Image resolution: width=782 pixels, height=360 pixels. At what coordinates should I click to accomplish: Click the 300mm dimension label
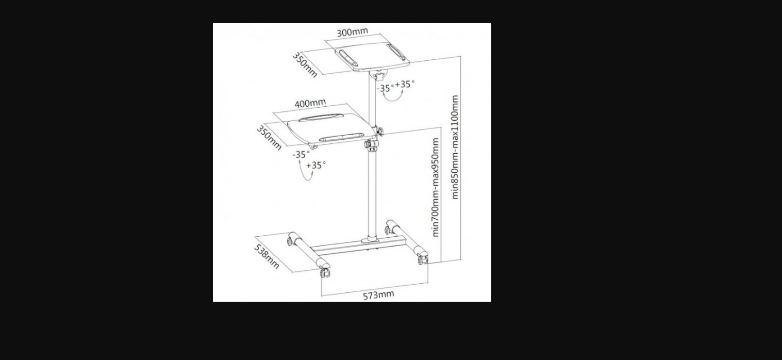click(x=352, y=32)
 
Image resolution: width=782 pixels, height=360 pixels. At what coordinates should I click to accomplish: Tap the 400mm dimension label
click(x=310, y=103)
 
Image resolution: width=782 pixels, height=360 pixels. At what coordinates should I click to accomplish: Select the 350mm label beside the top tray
click(x=305, y=65)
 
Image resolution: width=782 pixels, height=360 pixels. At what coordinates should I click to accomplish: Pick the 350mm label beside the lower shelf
click(x=269, y=138)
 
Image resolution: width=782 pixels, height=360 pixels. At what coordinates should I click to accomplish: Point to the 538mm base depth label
click(x=267, y=257)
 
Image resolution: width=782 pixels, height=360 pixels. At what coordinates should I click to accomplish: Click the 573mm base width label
click(x=378, y=295)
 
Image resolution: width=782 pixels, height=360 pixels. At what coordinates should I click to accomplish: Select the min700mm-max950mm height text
click(x=436, y=187)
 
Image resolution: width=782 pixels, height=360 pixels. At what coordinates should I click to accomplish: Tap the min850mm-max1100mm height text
click(x=455, y=147)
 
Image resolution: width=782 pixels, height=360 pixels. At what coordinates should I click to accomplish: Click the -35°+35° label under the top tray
click(x=395, y=86)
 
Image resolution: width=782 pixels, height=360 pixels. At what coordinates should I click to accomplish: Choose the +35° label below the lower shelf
click(x=316, y=165)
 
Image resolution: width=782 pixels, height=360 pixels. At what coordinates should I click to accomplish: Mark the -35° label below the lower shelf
click(x=301, y=154)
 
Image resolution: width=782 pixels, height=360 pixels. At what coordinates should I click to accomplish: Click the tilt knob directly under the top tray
click(x=378, y=75)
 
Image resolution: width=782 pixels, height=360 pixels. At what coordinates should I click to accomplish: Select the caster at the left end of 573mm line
click(x=325, y=272)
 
